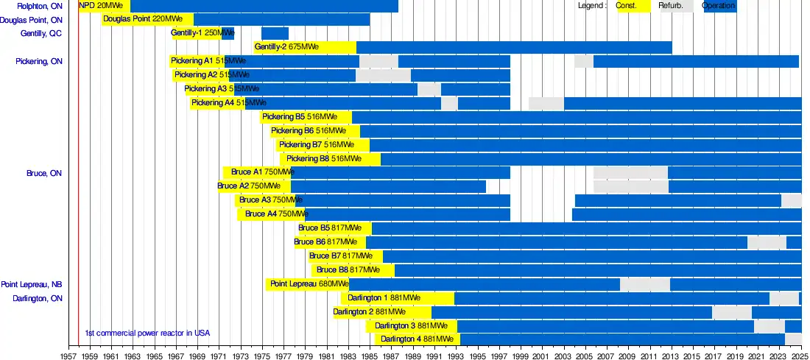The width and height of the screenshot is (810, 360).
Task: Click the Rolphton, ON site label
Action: (40, 7)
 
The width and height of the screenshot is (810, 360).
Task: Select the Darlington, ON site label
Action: (38, 299)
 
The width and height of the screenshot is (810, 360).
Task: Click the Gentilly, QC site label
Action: (41, 34)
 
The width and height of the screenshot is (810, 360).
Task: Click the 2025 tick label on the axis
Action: (800, 354)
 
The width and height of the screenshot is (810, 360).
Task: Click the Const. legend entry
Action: (627, 6)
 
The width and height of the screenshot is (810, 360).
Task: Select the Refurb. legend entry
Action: (671, 6)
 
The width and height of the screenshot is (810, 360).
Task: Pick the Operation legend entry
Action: (718, 6)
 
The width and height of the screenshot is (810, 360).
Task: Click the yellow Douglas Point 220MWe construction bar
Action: (147, 19)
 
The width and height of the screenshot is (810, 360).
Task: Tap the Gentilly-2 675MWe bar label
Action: (286, 47)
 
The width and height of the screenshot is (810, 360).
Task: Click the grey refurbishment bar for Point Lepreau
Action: (645, 284)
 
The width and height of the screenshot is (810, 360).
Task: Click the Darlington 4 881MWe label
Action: (417, 339)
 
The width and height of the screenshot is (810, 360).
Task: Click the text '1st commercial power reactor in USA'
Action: (147, 333)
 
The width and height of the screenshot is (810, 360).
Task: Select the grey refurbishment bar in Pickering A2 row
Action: (383, 75)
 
